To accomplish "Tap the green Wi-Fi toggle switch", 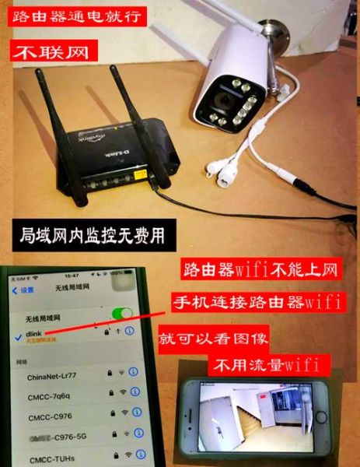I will [121, 314].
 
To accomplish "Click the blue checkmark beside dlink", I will [18, 333].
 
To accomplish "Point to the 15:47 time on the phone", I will [72, 276].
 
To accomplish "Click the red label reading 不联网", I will [47, 53].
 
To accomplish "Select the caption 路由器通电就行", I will [69, 16].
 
